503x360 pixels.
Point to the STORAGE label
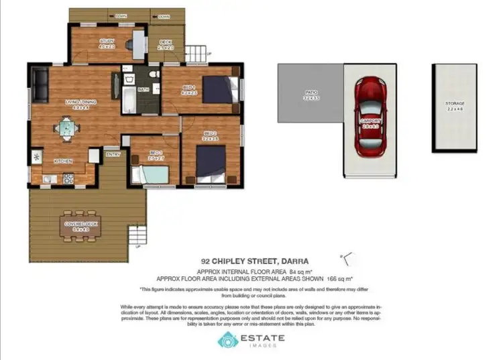(455, 104)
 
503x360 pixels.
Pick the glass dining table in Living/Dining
(68, 127)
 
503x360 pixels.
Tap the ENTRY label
(113, 155)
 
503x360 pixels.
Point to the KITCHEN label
(63, 161)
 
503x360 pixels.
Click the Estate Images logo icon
(227, 341)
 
